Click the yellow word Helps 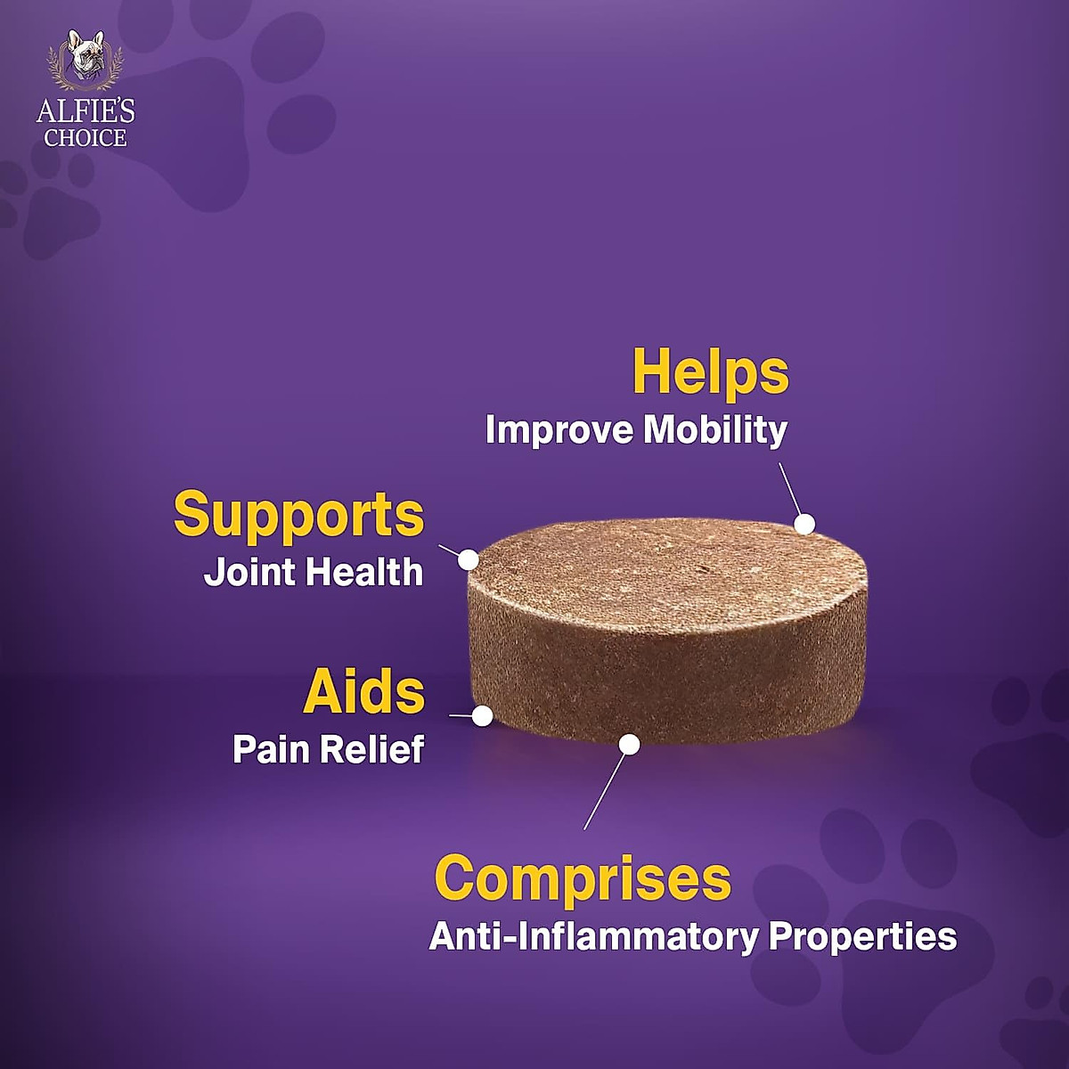[710, 372]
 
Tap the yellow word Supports [298, 515]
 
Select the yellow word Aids [364, 692]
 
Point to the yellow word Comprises [583, 877]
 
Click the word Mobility [715, 430]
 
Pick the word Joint [249, 572]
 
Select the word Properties [862, 936]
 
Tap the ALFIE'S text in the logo [86, 111]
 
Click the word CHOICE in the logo [86, 138]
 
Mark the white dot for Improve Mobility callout [804, 524]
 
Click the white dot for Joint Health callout [469, 559]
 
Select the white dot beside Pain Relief [483, 715]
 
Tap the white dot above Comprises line [629, 744]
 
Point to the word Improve [559, 430]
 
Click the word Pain [272, 749]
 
